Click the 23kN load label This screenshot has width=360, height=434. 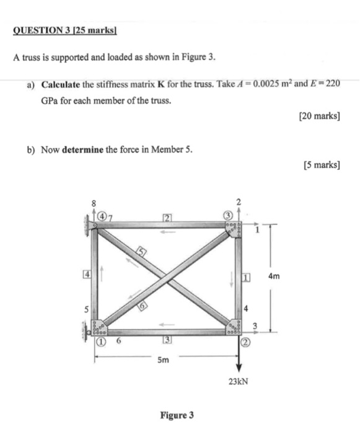point(237,381)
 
